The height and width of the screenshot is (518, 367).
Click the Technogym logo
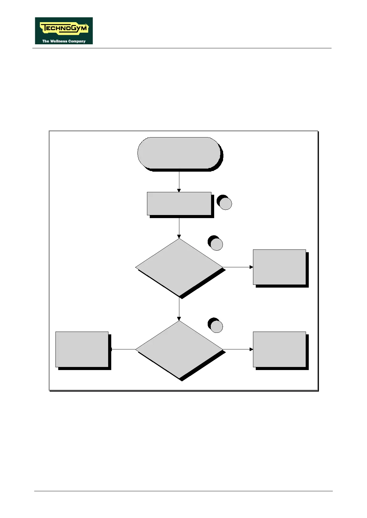64,30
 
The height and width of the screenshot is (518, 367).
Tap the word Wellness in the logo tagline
59,41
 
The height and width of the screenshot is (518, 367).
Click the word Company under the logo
77,41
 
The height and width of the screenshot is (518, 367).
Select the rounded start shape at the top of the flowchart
179,153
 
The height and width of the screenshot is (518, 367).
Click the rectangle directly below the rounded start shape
179,204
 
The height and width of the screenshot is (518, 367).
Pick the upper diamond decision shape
179,267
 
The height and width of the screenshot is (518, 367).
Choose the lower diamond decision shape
179,349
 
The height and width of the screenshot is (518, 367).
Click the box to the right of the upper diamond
279,267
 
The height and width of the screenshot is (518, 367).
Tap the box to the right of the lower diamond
279,349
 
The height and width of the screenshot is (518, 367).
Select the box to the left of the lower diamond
82,349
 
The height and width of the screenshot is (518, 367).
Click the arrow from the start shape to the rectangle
179,181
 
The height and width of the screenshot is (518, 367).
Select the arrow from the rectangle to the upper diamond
179,228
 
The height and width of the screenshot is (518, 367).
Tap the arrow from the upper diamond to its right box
238,267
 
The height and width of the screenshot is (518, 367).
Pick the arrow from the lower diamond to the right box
238,349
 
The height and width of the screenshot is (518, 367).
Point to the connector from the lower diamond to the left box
123,349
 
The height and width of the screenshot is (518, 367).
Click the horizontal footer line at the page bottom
183,491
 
